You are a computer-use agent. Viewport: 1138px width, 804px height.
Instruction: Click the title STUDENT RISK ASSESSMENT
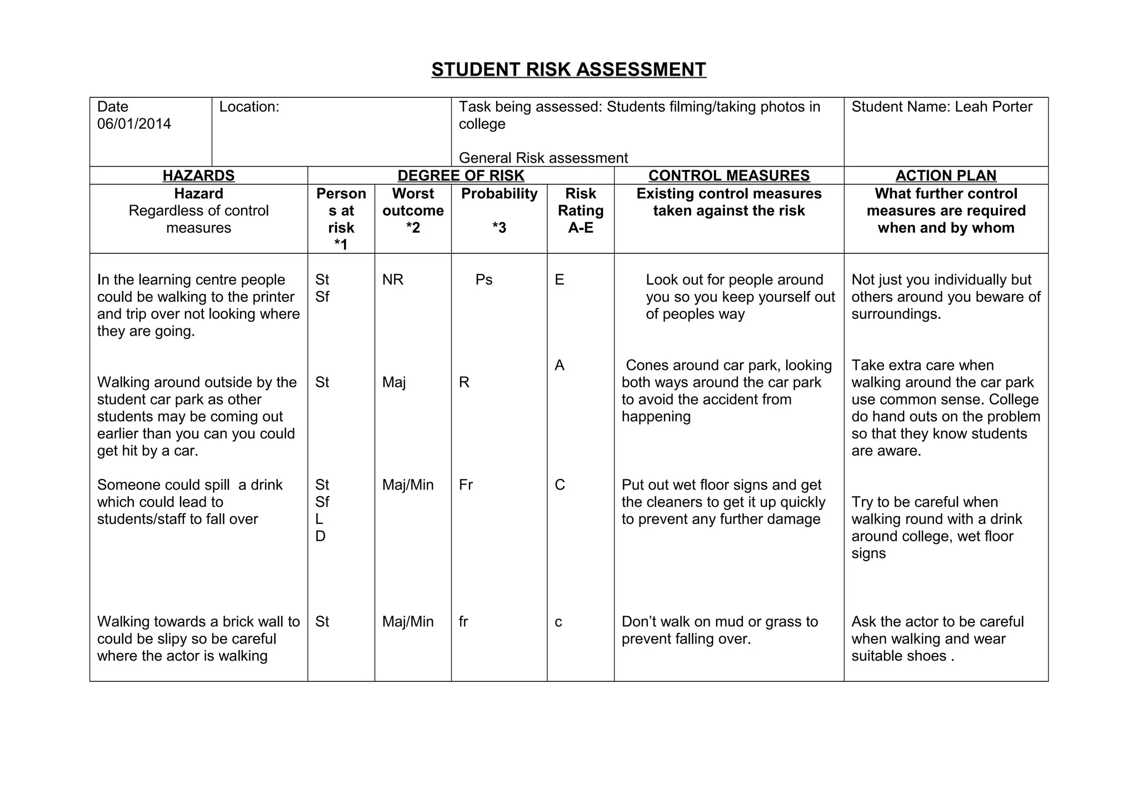tap(568, 69)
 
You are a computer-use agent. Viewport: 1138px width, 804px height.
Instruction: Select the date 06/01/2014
tap(134, 124)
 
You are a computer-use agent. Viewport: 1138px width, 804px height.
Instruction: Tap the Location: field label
tap(249, 107)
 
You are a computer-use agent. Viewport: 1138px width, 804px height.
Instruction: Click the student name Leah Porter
tap(993, 107)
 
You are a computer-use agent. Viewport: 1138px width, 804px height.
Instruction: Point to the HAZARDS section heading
tap(198, 176)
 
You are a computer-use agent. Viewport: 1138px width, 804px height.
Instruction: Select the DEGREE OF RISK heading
tap(461, 176)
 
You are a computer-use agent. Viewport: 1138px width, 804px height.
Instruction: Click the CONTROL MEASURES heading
tap(728, 176)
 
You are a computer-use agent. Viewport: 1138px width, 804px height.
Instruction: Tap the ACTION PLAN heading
tap(946, 176)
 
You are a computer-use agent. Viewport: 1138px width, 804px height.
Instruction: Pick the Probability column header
tap(499, 194)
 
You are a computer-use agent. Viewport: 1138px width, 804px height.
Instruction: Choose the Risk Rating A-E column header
tap(580, 211)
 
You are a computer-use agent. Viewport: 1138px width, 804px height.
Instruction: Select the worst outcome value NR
tap(392, 280)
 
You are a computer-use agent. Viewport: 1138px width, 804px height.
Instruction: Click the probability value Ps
tap(483, 280)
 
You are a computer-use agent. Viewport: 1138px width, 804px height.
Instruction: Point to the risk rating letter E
tap(559, 280)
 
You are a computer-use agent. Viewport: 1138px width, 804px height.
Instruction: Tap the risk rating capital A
tap(559, 366)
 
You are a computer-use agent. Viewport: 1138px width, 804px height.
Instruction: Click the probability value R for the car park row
tap(464, 383)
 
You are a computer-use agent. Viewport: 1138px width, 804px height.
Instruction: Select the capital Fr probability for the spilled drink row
tap(466, 485)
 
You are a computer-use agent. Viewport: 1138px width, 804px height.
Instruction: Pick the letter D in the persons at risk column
tap(320, 537)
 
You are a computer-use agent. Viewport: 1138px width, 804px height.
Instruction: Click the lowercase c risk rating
tap(558, 622)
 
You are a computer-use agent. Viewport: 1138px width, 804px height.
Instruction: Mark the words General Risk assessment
tap(543, 158)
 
